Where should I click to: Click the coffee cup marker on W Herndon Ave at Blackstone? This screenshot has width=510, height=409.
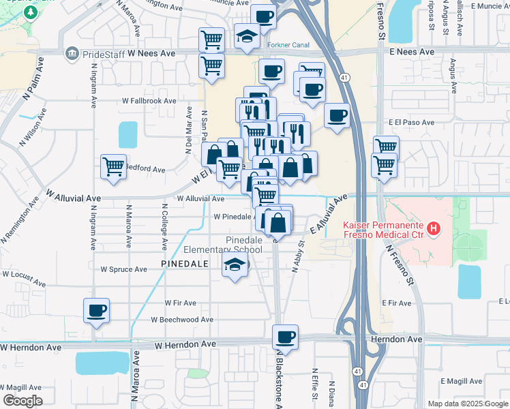coord(285,337)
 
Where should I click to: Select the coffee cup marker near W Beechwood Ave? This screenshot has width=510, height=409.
coord(96,311)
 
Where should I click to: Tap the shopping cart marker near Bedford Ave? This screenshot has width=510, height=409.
coord(113,167)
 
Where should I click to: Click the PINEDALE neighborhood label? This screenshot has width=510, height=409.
coord(183,262)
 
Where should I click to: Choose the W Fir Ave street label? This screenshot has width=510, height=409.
coord(180,303)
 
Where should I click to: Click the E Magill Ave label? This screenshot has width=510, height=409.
coord(461,380)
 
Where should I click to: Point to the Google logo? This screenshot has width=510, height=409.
coord(22,401)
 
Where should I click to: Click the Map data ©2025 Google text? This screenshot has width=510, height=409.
coord(467,404)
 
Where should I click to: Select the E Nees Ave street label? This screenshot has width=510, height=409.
coord(412,52)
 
